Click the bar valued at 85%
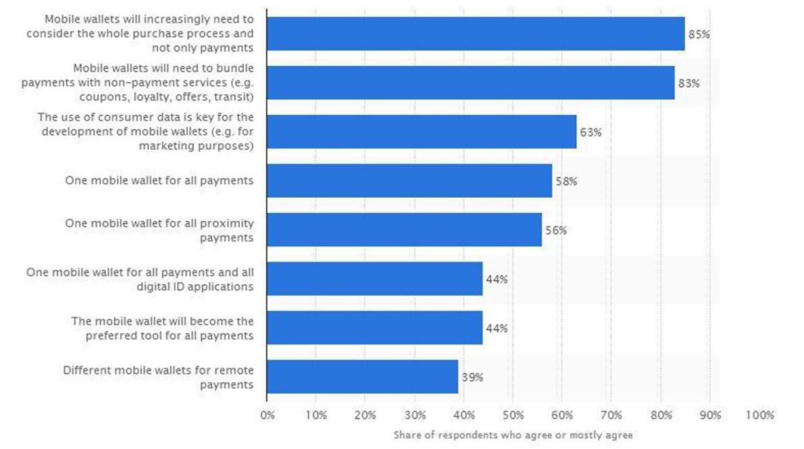pyautogui.click(x=476, y=34)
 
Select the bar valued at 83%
pyautogui.click(x=471, y=82)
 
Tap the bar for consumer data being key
pyautogui.click(x=422, y=132)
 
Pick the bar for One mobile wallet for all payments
pyautogui.click(x=409, y=180)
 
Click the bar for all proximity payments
pyautogui.click(x=405, y=230)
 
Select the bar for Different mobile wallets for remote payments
pyautogui.click(x=363, y=377)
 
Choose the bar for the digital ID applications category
pyautogui.click(x=375, y=279)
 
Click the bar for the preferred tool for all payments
pyautogui.click(x=375, y=327)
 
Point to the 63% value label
pyautogui.click(x=591, y=132)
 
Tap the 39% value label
pyautogui.click(x=472, y=377)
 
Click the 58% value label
pyautogui.click(x=566, y=182)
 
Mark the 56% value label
pyautogui.click(x=556, y=230)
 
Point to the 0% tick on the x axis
pyautogui.click(x=267, y=415)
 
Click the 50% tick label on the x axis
pyautogui.click(x=513, y=415)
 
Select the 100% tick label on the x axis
pyautogui.click(x=760, y=415)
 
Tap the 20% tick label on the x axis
pyautogui.click(x=366, y=415)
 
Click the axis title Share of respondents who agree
pyautogui.click(x=513, y=435)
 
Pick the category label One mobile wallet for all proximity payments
pyautogui.click(x=159, y=230)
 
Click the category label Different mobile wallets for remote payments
pyautogui.click(x=159, y=377)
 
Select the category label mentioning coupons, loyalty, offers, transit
pyautogui.click(x=137, y=82)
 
